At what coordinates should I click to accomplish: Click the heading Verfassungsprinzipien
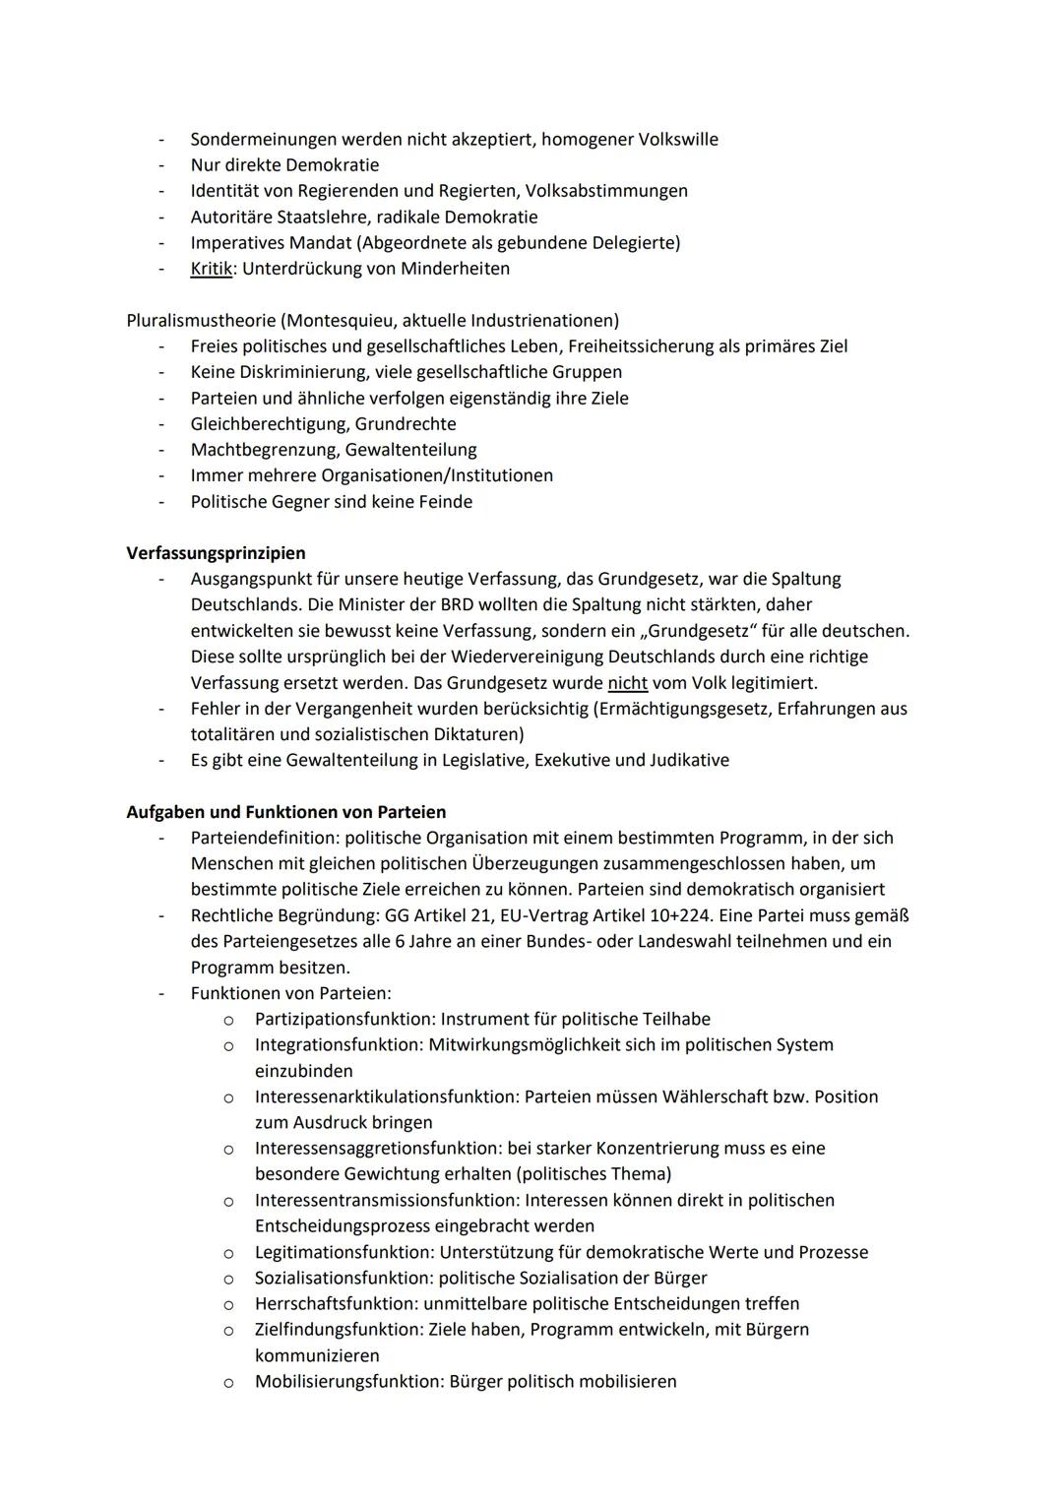point(216,553)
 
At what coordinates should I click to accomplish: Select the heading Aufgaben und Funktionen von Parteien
point(285,812)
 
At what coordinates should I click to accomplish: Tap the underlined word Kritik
point(211,269)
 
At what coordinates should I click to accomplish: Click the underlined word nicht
point(627,683)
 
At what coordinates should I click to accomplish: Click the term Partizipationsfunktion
point(344,1020)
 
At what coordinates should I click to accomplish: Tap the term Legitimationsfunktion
point(342,1253)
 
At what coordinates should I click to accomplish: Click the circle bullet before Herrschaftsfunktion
point(227,1305)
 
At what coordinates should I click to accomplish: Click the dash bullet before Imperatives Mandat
point(159,243)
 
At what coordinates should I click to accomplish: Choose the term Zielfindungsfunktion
point(338,1330)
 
